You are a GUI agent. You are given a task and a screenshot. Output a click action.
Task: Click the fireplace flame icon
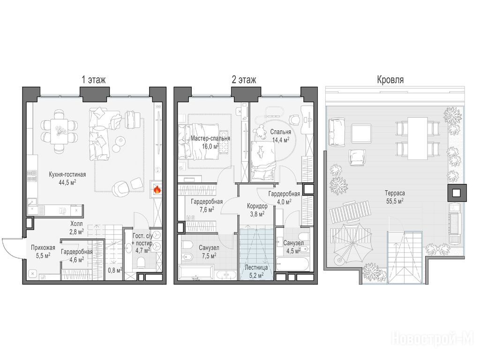tap(157, 190)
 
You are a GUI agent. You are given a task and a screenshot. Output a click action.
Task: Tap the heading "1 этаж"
tap(93, 80)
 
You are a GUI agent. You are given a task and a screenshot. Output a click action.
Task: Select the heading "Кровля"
tap(390, 80)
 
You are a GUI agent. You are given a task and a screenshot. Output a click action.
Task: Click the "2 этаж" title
tap(244, 80)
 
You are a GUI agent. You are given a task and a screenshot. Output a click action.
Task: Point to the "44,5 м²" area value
tap(67, 183)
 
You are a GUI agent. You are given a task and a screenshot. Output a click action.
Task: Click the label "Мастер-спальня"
tap(210, 138)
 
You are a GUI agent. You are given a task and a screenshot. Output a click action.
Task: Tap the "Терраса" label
tap(395, 193)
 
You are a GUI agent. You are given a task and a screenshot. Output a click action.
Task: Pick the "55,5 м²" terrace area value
tap(395, 201)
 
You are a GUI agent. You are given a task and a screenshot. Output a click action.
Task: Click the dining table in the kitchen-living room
tap(59, 131)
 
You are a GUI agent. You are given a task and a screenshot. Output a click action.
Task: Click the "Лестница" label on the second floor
tap(256, 268)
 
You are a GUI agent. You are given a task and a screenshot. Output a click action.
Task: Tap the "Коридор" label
tap(257, 206)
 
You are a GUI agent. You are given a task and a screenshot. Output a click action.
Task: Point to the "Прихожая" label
tap(43, 247)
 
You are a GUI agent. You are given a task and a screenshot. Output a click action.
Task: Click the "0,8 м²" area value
tap(115, 270)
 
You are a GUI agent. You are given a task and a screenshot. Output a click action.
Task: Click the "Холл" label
tap(76, 224)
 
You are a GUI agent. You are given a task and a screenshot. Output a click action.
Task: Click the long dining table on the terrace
tap(418, 138)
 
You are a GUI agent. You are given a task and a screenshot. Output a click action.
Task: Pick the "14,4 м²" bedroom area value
tap(281, 140)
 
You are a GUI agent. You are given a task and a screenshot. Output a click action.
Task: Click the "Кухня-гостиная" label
tap(67, 174)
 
